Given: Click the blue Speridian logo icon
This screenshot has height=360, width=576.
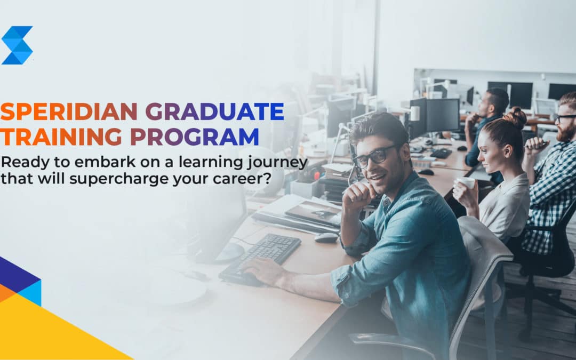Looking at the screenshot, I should (x=17, y=45).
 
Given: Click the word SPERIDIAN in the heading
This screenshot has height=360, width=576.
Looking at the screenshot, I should (x=70, y=112).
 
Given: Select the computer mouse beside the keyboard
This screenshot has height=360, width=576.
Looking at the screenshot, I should (x=326, y=237).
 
